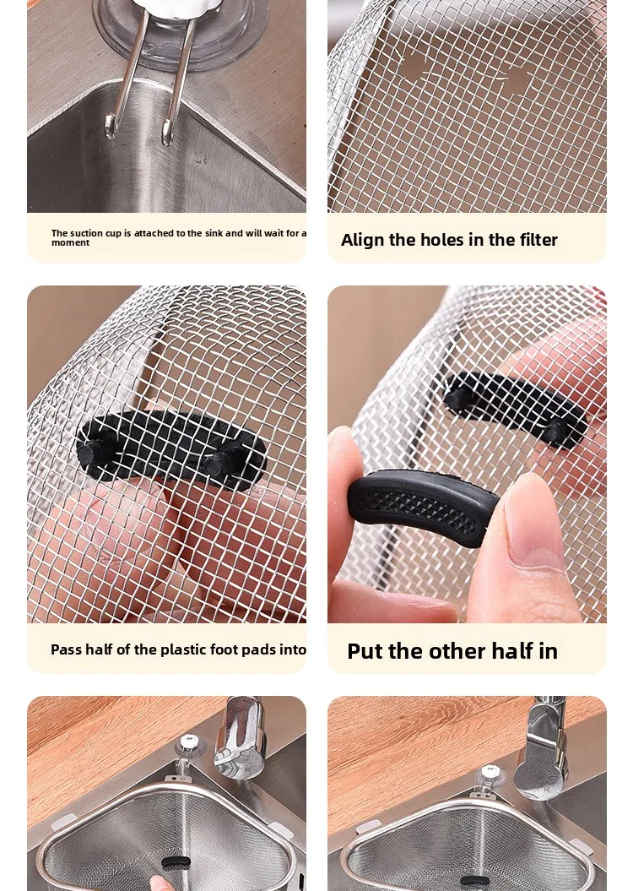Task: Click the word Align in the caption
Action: [362, 241]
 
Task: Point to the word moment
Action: [70, 243]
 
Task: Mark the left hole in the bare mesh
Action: [413, 67]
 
